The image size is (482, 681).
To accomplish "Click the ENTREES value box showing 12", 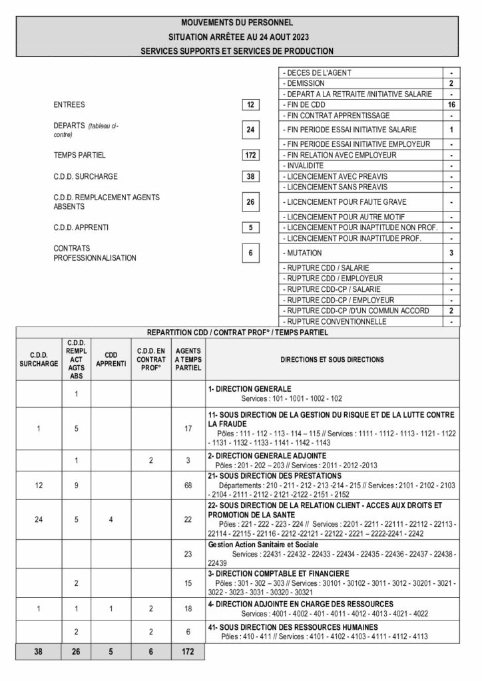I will pos(250,105).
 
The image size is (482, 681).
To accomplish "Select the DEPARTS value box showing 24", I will pos(250,130).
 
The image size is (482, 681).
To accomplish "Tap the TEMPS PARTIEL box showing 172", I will pos(250,155).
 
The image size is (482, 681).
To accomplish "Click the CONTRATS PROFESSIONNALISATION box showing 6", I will pos(250,253).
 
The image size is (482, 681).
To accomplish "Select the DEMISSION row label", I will pos(304,84).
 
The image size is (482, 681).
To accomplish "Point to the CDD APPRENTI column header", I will pos(111,359).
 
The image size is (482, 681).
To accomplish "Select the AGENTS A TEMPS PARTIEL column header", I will pos(186,359).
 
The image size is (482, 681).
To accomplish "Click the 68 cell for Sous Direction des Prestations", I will pos(186,485).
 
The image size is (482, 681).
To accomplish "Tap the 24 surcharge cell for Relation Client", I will pos(39,518).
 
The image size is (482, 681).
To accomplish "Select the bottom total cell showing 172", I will pos(186,653).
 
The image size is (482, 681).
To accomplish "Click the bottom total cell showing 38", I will pos(39,653).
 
